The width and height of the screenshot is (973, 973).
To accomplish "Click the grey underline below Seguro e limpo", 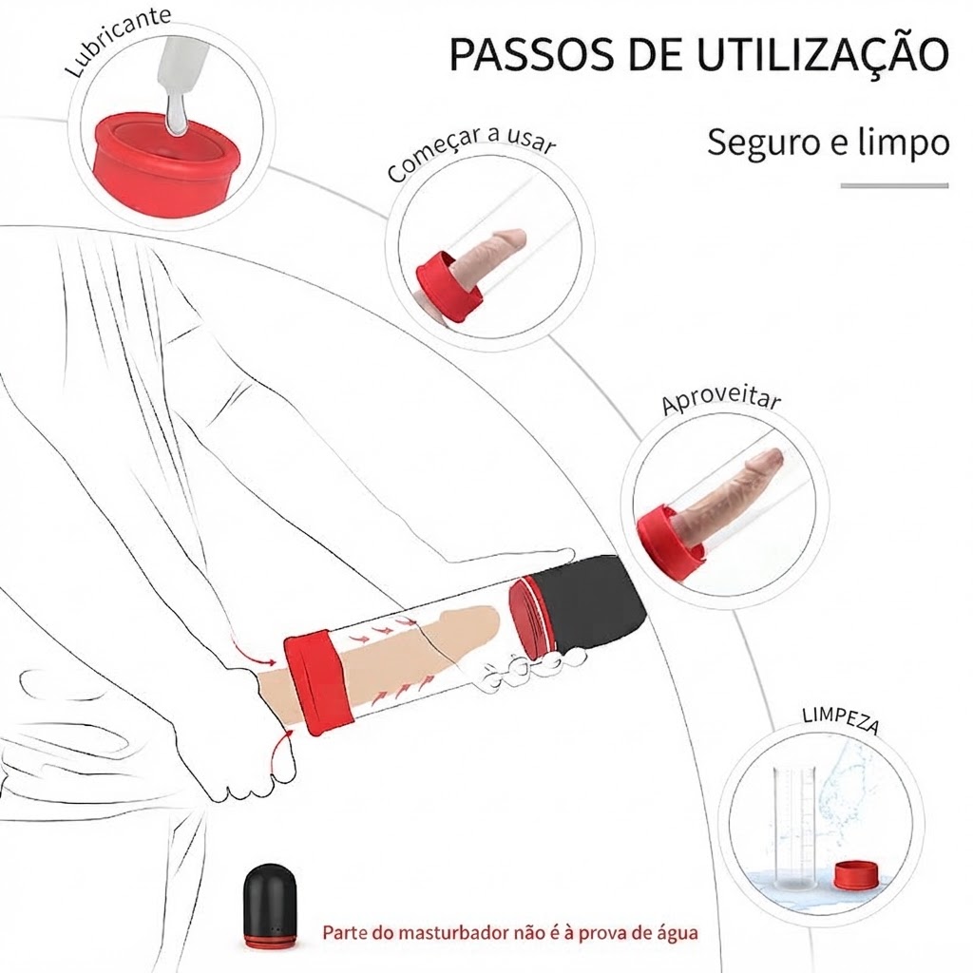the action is point(895,185).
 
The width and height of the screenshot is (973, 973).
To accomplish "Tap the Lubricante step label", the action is point(118,40).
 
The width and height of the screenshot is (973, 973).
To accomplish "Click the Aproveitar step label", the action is point(721,400).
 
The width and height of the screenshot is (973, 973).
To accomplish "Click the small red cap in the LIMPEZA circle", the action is point(856,876).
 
